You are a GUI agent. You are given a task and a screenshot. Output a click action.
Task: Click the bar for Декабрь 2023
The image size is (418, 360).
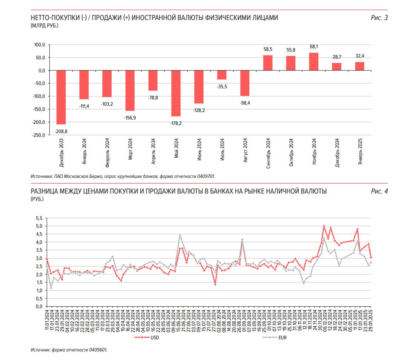click(x=61, y=97)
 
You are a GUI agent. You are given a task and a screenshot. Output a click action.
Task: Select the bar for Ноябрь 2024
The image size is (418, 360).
click(x=313, y=62)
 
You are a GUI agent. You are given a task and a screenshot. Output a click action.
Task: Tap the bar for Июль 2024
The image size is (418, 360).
click(x=222, y=75)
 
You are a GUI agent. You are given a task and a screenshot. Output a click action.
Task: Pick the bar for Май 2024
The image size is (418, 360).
click(x=176, y=93)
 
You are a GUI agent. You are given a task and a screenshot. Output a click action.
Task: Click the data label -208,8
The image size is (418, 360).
click(x=61, y=131)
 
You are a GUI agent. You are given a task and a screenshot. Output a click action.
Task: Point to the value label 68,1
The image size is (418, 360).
click(x=313, y=47)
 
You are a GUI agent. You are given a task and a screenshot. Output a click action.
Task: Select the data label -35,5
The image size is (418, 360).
click(x=222, y=87)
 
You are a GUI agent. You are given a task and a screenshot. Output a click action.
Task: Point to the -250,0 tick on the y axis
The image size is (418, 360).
click(x=38, y=135)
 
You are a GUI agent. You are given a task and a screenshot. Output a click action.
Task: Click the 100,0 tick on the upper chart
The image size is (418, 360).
click(x=39, y=45)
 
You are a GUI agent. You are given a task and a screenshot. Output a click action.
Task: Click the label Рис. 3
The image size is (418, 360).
click(x=379, y=17)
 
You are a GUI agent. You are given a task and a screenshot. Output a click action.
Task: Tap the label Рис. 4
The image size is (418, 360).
click(x=379, y=191)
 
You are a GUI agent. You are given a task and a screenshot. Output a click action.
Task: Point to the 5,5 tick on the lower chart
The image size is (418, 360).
click(x=39, y=218)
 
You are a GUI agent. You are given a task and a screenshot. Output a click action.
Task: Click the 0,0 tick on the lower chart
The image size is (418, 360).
click(x=39, y=307)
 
